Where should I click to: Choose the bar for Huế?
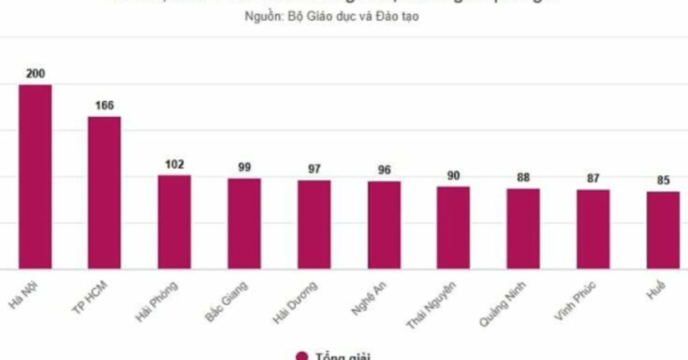pyautogui.click(x=663, y=230)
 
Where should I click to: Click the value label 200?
pyautogui.click(x=35, y=74)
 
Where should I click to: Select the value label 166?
pyautogui.click(x=104, y=105)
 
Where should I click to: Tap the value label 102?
pyautogui.click(x=174, y=165)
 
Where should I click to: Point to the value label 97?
pyautogui.click(x=314, y=169)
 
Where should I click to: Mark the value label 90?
pyautogui.click(x=454, y=176)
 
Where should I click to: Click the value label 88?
pyautogui.click(x=523, y=178)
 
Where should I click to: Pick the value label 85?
pyautogui.click(x=663, y=181)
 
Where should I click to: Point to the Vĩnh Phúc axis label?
pyautogui.click(x=575, y=302)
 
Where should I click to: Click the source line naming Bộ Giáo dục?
pyautogui.click(x=331, y=17)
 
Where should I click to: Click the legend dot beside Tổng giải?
pyautogui.click(x=302, y=356)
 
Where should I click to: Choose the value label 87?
pyautogui.click(x=593, y=179)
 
